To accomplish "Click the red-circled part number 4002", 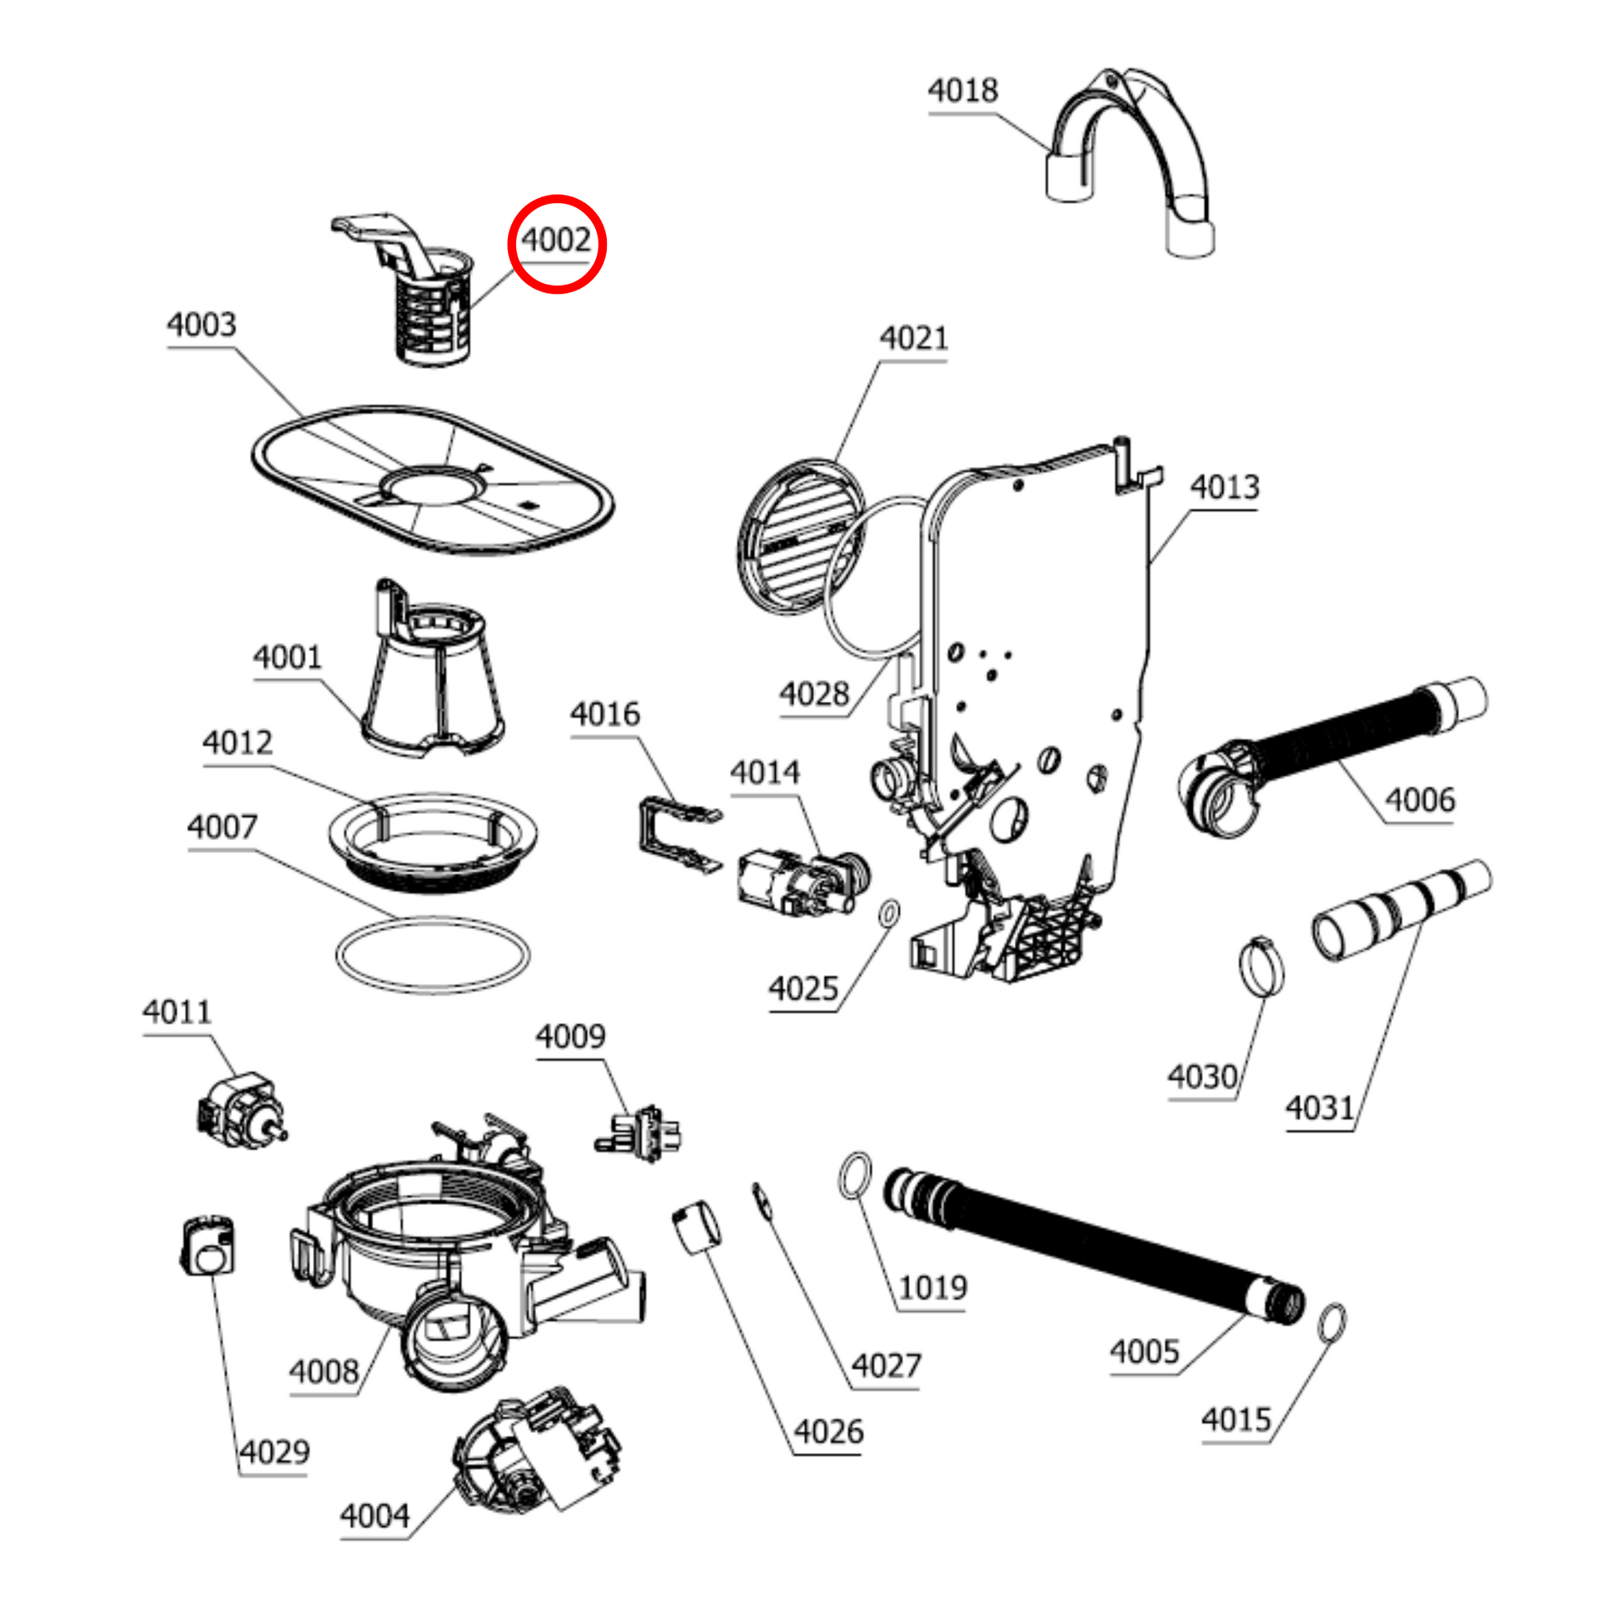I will tap(557, 241).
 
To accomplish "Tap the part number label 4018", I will tap(962, 91).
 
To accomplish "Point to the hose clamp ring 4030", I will tap(1260, 967).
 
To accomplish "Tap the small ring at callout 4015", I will tap(1333, 1322).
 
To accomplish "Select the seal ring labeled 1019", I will tap(854, 1175).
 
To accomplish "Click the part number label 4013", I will tap(1225, 487).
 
